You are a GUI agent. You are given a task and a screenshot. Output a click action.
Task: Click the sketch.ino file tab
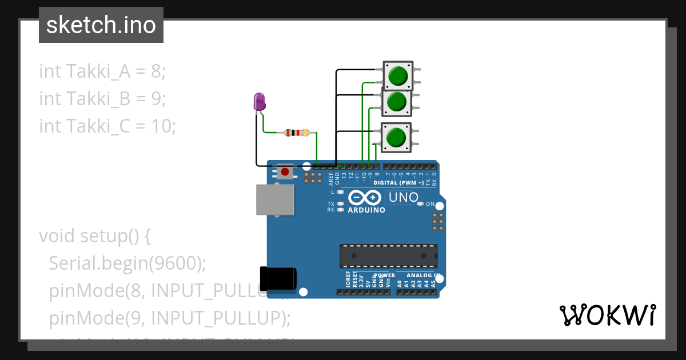101,26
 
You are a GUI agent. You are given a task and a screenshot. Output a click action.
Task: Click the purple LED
259,102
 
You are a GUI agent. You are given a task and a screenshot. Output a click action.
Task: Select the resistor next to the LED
296,133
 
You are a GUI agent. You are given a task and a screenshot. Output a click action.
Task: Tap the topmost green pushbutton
397,75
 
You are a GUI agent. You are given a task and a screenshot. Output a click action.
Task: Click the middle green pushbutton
397,102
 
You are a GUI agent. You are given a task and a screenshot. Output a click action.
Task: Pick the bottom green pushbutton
396,138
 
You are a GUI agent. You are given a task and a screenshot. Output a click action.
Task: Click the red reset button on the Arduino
285,171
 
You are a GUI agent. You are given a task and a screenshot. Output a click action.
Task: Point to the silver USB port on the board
276,200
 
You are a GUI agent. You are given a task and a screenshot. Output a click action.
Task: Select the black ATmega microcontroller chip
389,256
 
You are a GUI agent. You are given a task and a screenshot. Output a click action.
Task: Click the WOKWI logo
607,315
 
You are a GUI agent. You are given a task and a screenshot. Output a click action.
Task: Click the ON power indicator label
439,204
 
